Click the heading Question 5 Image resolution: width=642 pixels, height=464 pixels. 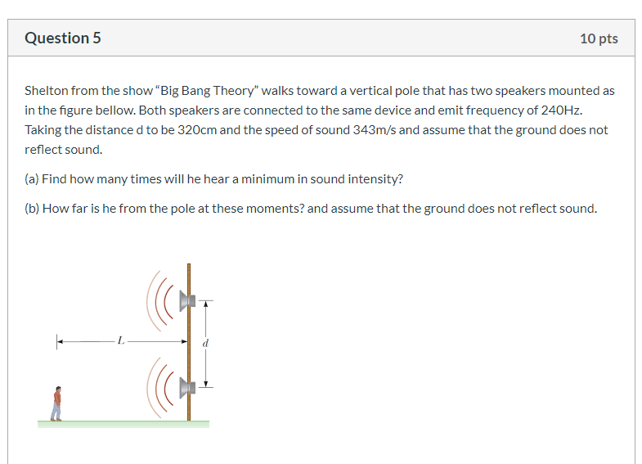coord(63,38)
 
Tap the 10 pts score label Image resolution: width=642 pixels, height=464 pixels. coord(599,38)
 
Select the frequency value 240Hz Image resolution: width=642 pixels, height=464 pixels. coord(561,110)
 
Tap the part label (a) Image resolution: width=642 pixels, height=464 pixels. coord(32,179)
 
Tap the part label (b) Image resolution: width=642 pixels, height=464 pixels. coord(32,209)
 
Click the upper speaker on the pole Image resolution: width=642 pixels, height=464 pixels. coord(187,301)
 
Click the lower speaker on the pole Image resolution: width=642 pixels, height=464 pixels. coord(187,387)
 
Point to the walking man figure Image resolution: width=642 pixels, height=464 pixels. coord(58,403)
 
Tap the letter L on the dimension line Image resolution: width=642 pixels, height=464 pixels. coord(120,340)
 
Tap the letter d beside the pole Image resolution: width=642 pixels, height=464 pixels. coord(205,343)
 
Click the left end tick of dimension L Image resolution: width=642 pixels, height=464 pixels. coord(57,341)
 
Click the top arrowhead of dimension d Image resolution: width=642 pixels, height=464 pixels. coord(206,304)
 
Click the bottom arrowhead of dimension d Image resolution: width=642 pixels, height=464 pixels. coord(206,384)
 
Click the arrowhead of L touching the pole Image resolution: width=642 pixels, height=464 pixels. coord(185,341)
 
